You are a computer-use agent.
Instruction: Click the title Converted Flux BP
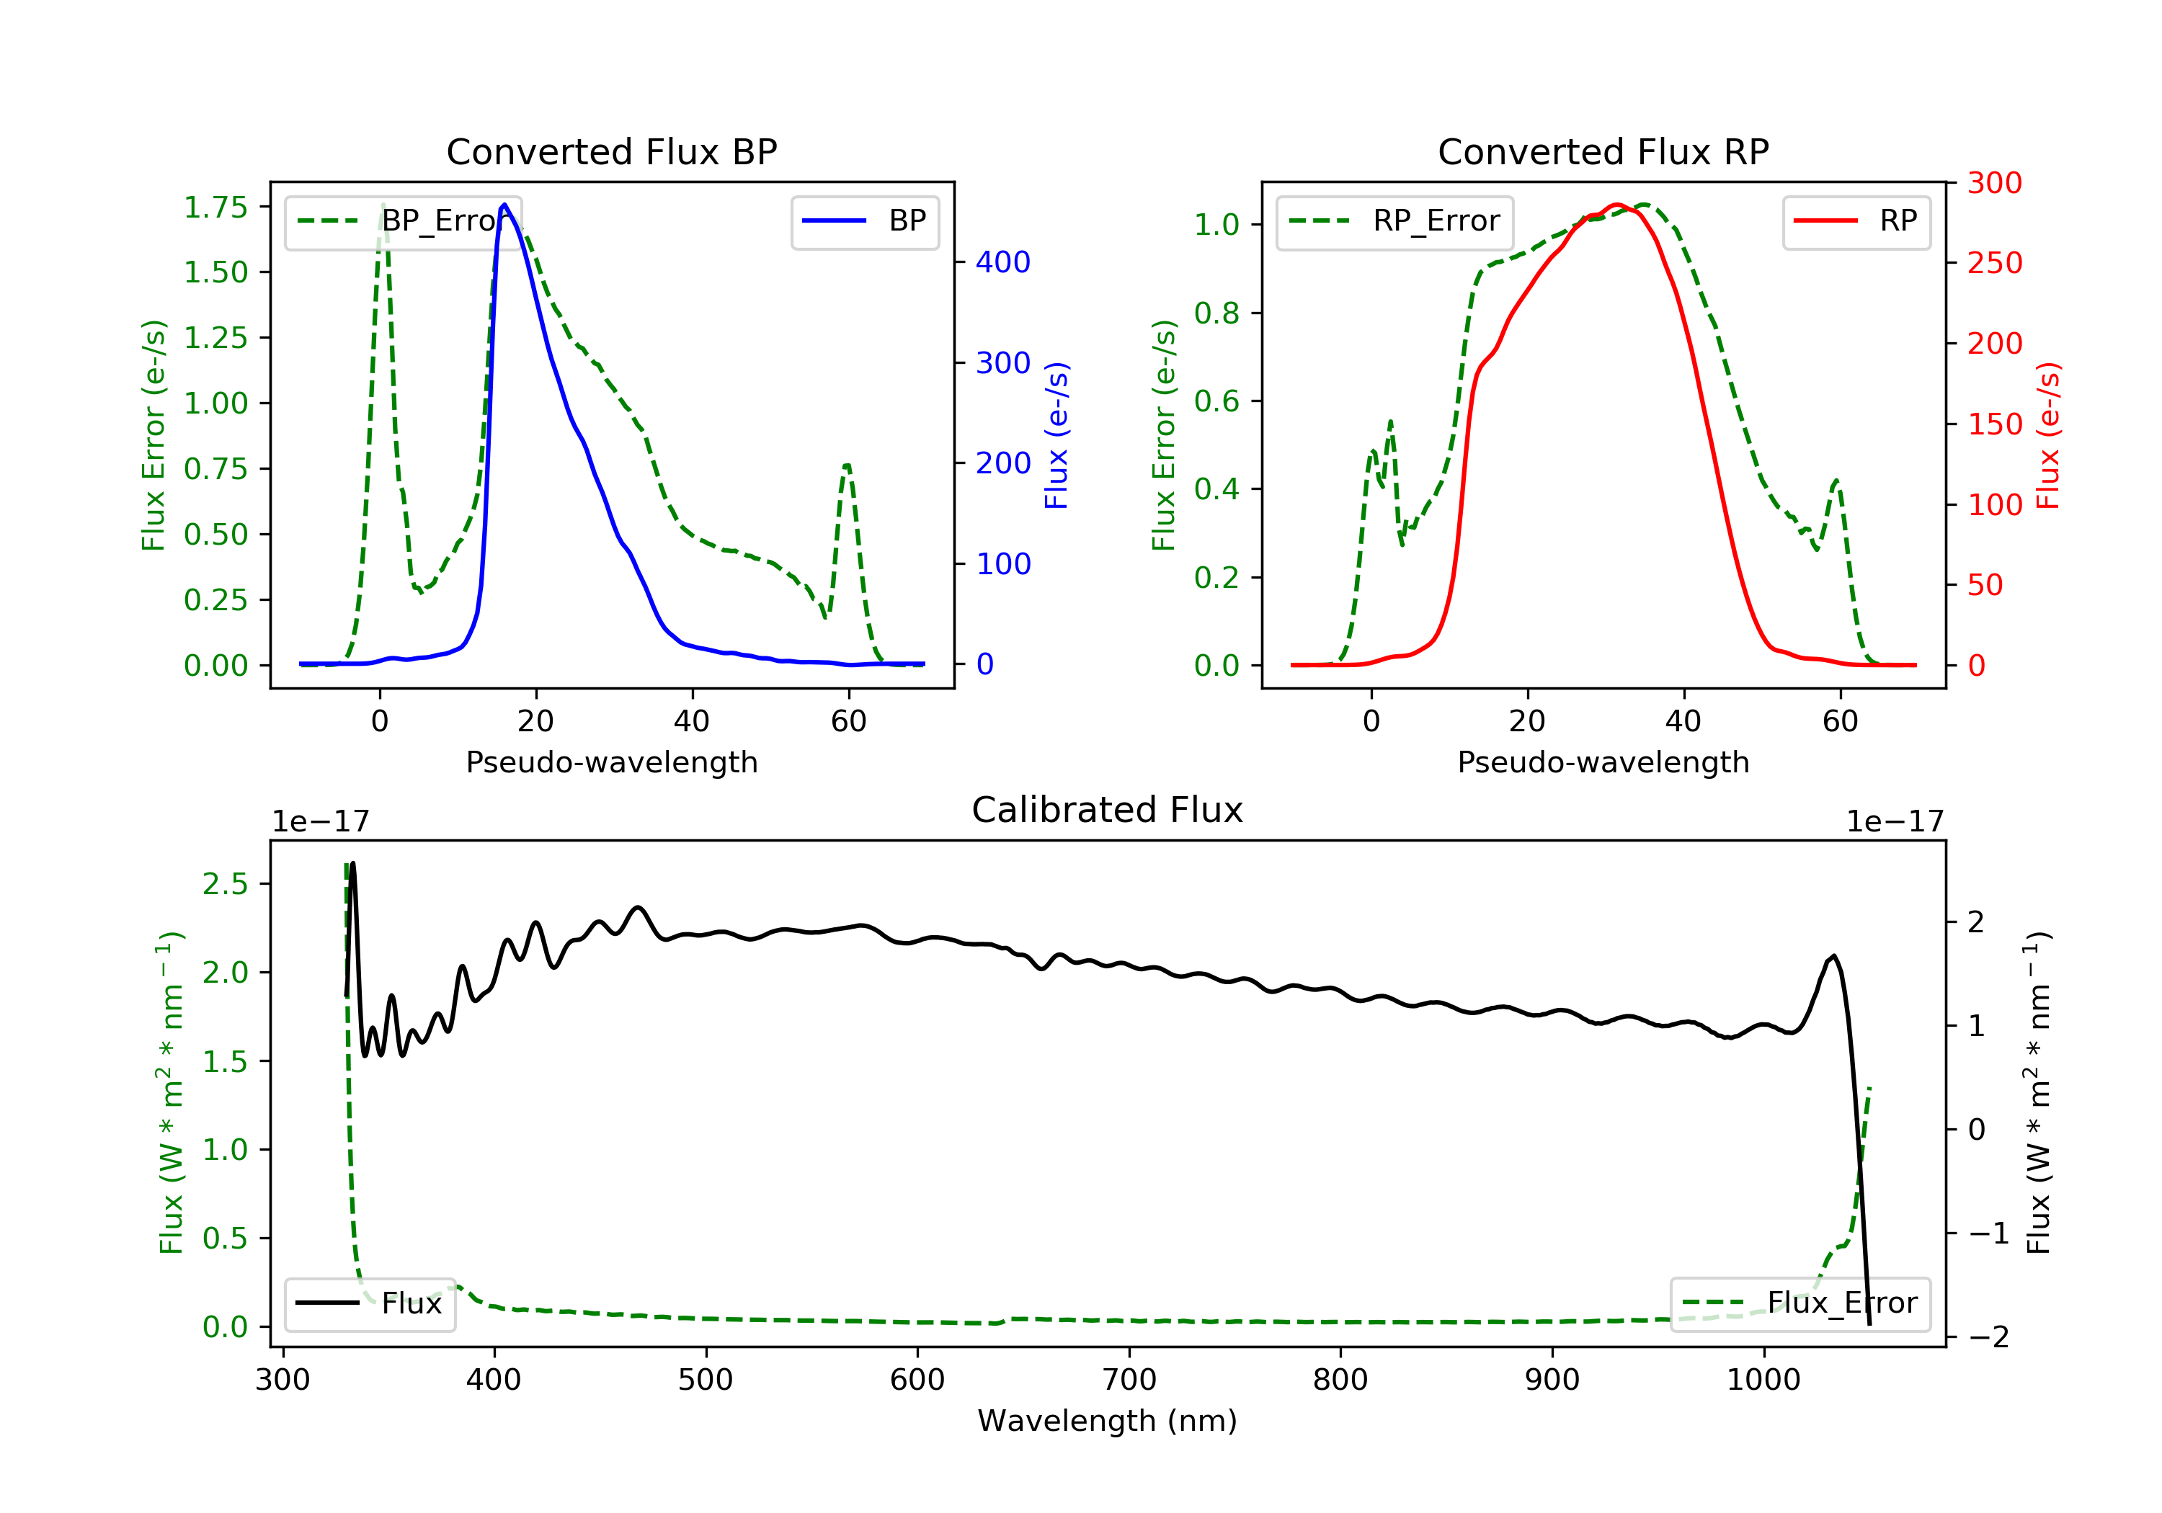(612, 151)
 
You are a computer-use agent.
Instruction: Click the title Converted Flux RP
(1603, 151)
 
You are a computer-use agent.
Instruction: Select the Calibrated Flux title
(1108, 810)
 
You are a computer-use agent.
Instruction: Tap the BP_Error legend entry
(403, 221)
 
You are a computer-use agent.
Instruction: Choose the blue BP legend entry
(864, 221)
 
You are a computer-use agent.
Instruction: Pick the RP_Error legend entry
(1394, 221)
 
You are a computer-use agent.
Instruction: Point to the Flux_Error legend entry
(1800, 1303)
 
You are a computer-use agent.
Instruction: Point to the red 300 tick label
(1994, 183)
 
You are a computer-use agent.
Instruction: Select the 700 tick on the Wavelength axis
(1129, 1380)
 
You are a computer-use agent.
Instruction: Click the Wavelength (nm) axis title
(1108, 1421)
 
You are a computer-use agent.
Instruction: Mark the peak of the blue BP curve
(504, 205)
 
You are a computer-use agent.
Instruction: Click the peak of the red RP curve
(1616, 205)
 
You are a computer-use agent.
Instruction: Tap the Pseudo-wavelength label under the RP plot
(1603, 762)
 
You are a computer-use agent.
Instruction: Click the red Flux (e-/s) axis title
(2048, 436)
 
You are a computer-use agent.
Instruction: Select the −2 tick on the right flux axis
(1987, 1337)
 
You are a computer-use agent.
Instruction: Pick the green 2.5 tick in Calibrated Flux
(225, 884)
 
